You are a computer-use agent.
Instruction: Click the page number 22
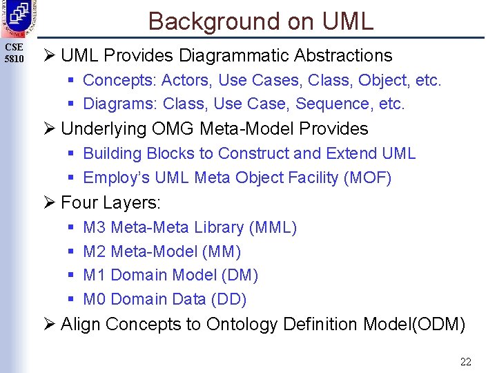(465, 361)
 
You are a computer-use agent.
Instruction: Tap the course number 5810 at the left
(14, 59)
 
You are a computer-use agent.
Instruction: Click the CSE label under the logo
(14, 47)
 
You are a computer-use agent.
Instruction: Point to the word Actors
(186, 80)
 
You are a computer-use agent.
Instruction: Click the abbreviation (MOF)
(367, 178)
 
